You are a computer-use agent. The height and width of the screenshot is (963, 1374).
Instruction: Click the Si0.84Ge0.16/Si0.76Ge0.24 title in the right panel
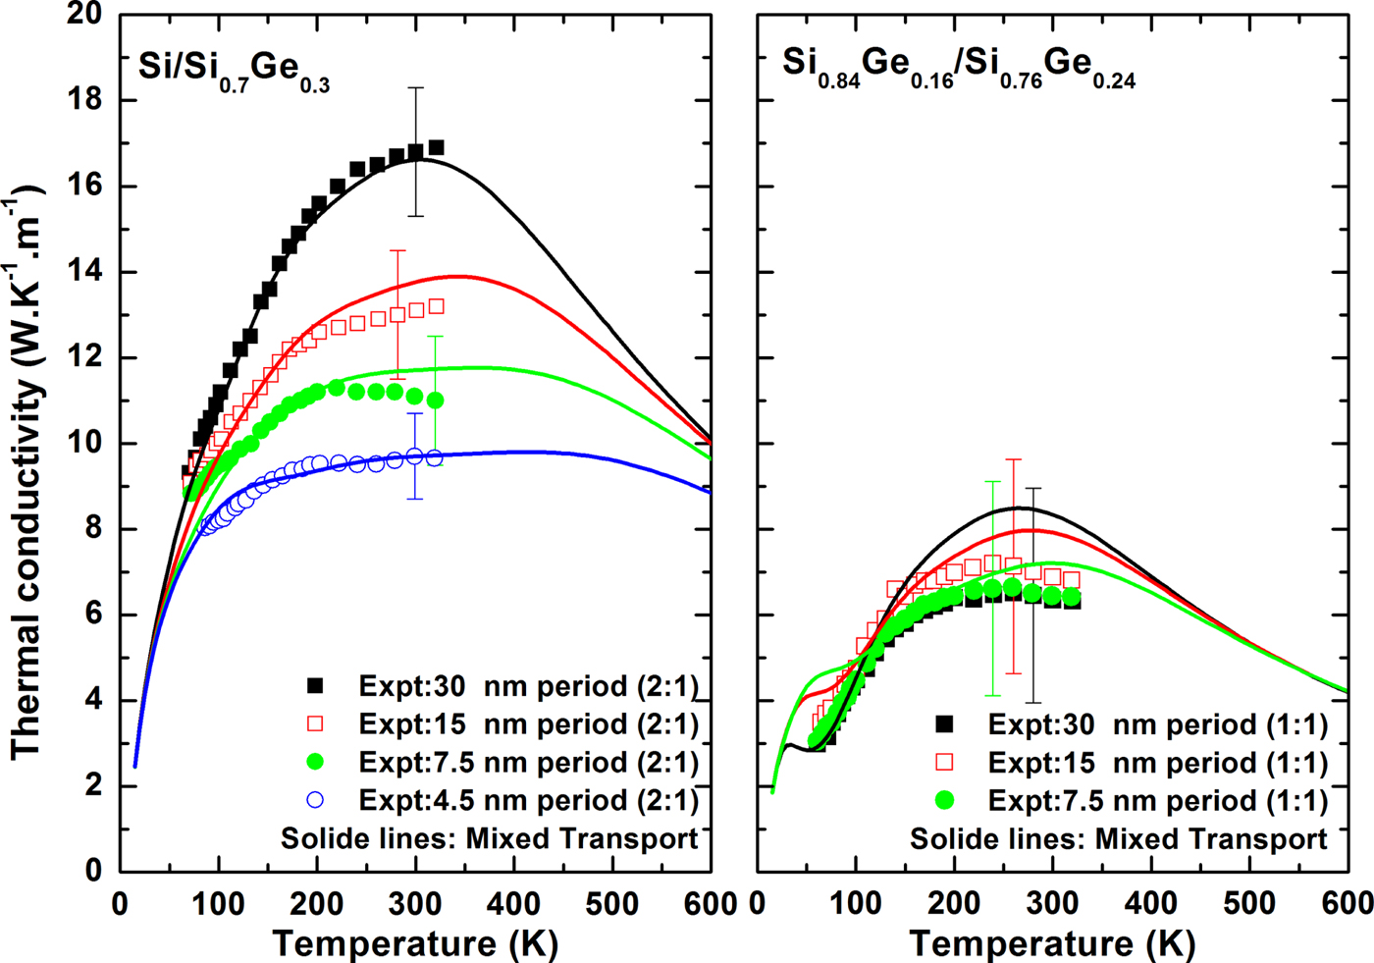959,68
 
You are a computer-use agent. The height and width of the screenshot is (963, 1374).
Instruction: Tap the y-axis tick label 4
94,701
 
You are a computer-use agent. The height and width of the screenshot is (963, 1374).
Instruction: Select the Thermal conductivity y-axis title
26,471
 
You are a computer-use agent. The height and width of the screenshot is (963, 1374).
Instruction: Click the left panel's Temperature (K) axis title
415,943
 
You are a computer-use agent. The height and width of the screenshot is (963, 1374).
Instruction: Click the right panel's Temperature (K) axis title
1052,943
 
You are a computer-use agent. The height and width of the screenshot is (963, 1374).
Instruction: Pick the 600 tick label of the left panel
711,904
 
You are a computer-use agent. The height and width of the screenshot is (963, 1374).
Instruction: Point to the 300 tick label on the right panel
1052,904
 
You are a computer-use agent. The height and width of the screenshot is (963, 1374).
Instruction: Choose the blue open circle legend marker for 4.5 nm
315,800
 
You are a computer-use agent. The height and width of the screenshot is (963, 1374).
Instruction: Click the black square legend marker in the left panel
315,685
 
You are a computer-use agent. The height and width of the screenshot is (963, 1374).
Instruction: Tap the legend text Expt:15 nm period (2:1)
528,724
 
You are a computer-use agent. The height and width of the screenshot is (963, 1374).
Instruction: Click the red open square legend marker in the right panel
944,763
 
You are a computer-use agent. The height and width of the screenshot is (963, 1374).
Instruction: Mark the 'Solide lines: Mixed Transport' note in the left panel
489,838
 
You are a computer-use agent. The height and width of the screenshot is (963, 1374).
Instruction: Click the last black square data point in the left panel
436,147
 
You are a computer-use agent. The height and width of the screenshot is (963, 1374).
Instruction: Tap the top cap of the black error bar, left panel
415,88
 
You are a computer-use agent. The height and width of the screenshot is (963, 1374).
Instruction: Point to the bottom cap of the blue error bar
415,499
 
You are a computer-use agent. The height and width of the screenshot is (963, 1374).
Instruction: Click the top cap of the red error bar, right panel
1013,459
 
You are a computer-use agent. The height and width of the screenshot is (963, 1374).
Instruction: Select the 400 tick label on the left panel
513,904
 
